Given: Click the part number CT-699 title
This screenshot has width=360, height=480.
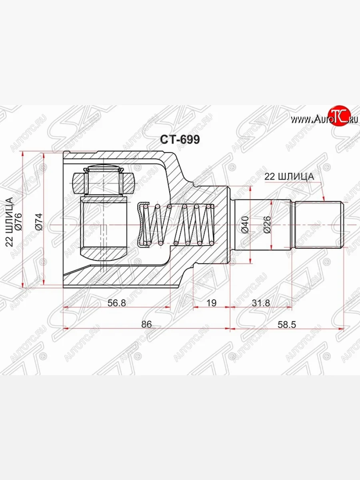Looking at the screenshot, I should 180,139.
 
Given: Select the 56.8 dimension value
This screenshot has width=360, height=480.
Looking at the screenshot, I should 117,303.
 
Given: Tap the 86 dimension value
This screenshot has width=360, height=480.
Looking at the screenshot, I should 147,324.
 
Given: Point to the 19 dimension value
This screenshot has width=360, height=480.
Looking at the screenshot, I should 212,303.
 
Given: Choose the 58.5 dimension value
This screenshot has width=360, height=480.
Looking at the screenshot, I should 286,324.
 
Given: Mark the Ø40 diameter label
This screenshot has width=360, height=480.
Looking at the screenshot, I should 245,225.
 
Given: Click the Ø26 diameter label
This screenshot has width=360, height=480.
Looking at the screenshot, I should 268,225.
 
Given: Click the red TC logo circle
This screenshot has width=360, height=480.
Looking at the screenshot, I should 339,116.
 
